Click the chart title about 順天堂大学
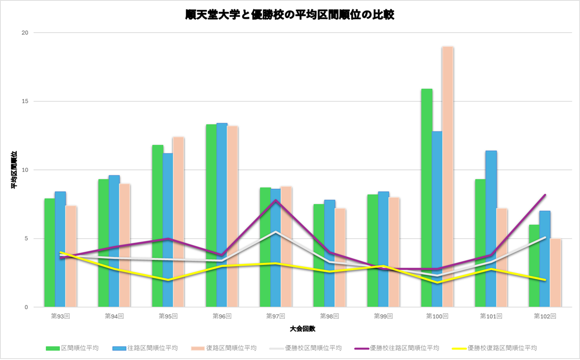pyautogui.click(x=289, y=15)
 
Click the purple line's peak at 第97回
pyautogui.click(x=275, y=201)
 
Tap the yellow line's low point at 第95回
pyautogui.click(x=168, y=280)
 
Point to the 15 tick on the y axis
pyautogui.click(x=24, y=101)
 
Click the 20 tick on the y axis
pyautogui.click(x=24, y=33)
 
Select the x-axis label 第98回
pyautogui.click(x=329, y=316)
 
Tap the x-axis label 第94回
pyautogui.click(x=114, y=316)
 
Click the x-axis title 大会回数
pyautogui.click(x=302, y=329)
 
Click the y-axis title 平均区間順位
pyautogui.click(x=14, y=170)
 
